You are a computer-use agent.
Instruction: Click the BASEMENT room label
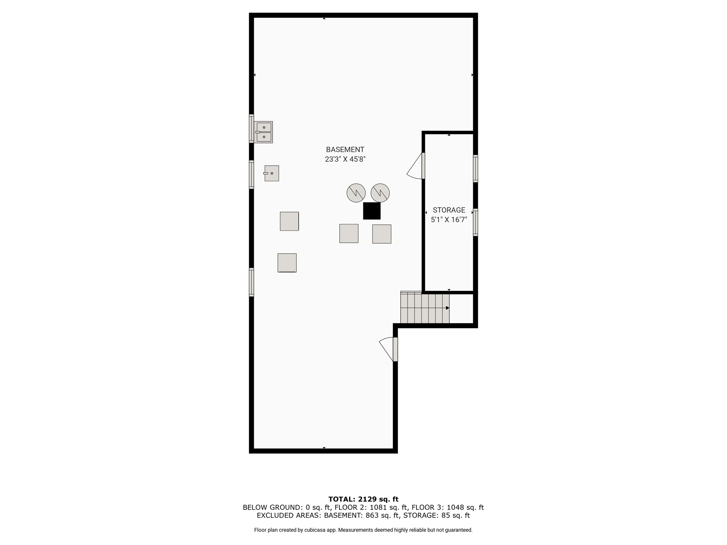click(345, 150)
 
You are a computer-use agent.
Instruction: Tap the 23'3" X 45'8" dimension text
click(345, 159)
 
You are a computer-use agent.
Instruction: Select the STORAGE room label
click(449, 210)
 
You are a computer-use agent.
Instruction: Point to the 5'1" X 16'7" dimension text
click(449, 220)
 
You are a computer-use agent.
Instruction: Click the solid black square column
click(372, 211)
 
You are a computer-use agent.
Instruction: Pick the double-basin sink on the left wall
click(263, 132)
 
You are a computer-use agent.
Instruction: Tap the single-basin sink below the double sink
click(272, 173)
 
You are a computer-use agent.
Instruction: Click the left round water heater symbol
click(356, 193)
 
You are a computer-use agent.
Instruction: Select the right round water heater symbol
click(380, 193)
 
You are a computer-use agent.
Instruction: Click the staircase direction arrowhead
click(448, 308)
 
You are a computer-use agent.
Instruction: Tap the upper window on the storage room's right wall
click(475, 169)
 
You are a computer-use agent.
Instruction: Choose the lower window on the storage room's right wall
click(475, 222)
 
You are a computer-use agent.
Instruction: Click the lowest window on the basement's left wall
click(251, 282)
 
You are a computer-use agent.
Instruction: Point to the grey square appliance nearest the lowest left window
click(287, 263)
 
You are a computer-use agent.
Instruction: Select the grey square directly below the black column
click(382, 234)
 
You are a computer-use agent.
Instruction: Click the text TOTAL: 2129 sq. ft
click(363, 499)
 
